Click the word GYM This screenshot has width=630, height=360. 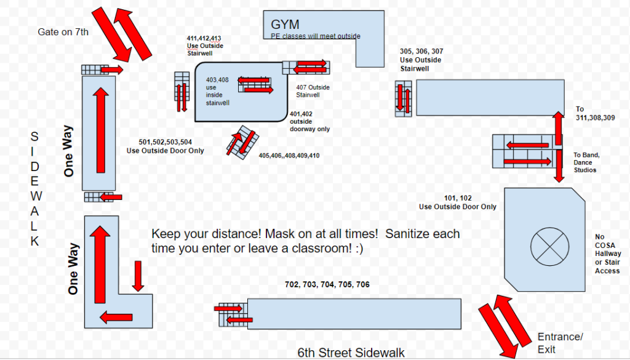(285, 25)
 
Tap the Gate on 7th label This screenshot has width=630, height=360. (63, 32)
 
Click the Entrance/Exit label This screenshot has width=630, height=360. (559, 343)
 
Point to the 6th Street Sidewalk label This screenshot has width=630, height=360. (351, 353)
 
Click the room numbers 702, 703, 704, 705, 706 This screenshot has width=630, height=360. (327, 285)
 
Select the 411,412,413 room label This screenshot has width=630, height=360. (205, 38)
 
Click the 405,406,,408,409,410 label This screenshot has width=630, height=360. (289, 156)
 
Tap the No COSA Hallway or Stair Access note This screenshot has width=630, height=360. (607, 254)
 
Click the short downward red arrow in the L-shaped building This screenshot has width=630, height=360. (138, 276)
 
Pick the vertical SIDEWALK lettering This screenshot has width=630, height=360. (34, 188)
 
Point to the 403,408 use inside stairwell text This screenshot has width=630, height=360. (218, 91)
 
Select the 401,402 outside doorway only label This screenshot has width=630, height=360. (309, 121)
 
